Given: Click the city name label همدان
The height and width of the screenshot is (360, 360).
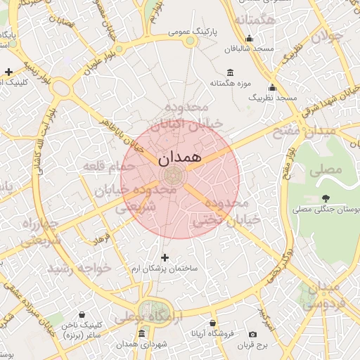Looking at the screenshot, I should [x=176, y=157].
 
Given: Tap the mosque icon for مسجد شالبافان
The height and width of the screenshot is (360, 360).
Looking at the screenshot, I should [x=249, y=39].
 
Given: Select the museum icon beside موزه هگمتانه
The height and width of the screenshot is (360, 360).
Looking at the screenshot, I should [x=231, y=72].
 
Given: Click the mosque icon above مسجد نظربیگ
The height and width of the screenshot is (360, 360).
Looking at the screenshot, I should [x=272, y=88].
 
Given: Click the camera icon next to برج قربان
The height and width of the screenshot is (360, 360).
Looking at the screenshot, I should [x=252, y=334].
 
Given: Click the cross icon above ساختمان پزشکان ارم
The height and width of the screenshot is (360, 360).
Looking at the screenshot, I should [x=165, y=258].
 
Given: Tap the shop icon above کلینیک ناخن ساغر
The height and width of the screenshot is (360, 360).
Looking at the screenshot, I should [x=83, y=314].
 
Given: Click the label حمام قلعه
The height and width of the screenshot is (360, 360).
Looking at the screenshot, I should [x=108, y=167].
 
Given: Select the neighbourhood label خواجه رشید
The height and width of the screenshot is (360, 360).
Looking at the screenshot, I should [x=79, y=269].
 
